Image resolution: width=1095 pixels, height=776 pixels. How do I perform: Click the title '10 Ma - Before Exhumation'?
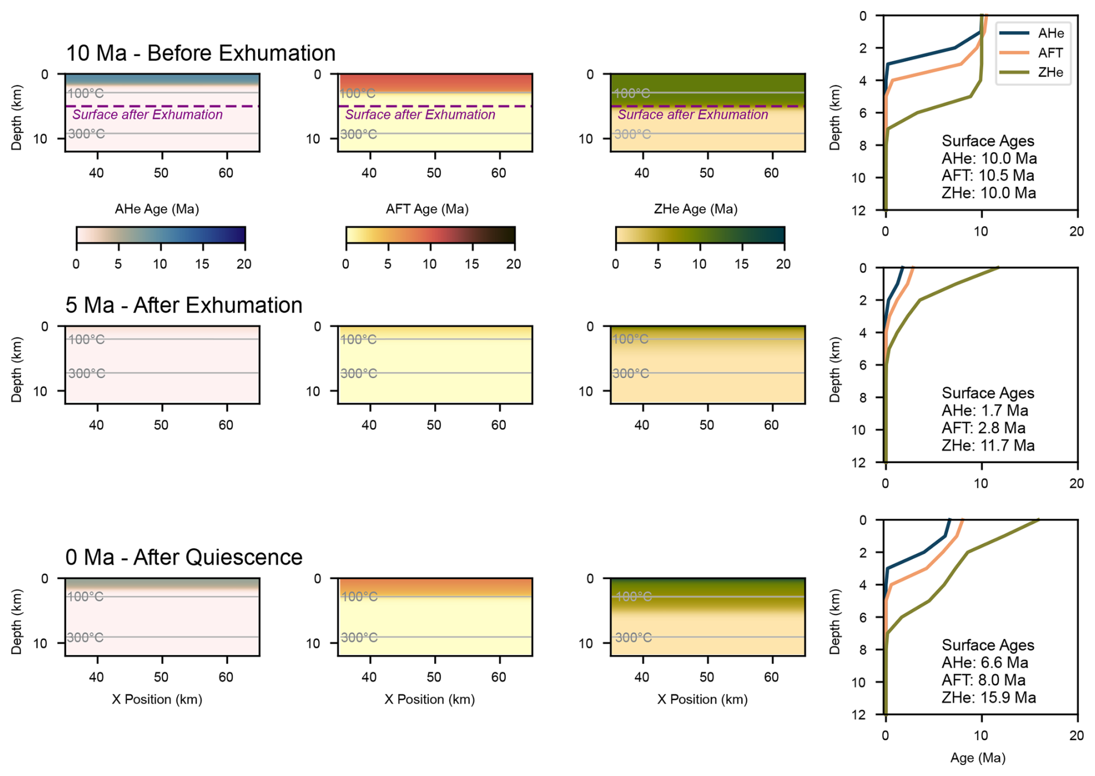200,53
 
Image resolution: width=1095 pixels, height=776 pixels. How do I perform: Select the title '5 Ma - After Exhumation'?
183,305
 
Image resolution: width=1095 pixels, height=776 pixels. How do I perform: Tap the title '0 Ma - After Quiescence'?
183,557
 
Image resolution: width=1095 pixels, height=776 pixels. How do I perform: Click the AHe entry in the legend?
1050,34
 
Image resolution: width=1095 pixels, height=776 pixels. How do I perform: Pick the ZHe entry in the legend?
1050,72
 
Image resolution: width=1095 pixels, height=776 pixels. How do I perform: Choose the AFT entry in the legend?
1050,53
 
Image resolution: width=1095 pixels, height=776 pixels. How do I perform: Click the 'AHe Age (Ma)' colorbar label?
157,209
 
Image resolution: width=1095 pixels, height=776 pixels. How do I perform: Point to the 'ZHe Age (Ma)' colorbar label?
696,209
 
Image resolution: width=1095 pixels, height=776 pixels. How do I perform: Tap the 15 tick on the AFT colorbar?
472,264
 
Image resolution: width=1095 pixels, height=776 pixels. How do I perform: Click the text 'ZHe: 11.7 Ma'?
988,446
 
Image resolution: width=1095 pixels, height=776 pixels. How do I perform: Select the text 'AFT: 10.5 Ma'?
988,176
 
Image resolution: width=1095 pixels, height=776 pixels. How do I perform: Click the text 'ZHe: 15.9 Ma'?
989,698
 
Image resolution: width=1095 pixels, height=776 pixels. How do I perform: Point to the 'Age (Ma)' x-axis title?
978,757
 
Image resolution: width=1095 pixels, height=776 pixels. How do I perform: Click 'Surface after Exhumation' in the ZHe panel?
693,115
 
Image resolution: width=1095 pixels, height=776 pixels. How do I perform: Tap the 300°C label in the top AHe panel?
87,134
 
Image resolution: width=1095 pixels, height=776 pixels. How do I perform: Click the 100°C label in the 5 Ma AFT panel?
358,340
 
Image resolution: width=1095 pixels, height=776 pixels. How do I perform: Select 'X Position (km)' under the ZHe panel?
703,700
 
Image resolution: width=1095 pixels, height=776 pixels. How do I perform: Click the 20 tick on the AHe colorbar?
244,264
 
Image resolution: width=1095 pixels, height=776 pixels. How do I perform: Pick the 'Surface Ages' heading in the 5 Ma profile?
988,393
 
